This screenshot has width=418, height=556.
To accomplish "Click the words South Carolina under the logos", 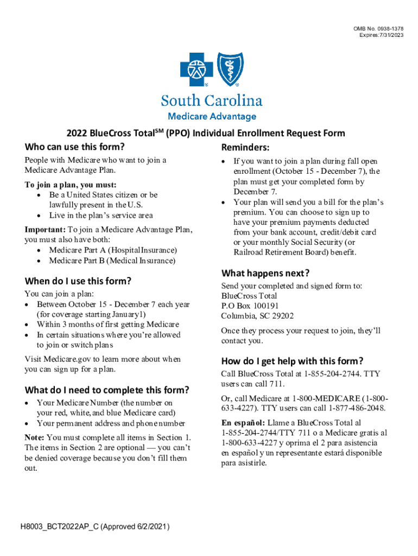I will [211, 101].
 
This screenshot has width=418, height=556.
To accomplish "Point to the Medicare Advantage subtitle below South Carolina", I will [211, 116].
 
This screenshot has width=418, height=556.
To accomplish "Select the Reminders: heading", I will [246, 148].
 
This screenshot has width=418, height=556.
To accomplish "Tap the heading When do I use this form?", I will [78, 281].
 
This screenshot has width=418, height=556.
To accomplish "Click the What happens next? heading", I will [265, 273].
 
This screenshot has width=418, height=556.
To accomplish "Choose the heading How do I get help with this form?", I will [292, 361].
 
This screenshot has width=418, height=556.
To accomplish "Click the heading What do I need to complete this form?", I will [107, 390].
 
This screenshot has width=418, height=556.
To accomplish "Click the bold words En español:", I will [243, 422].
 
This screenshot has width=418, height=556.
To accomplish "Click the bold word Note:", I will [35, 438].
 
